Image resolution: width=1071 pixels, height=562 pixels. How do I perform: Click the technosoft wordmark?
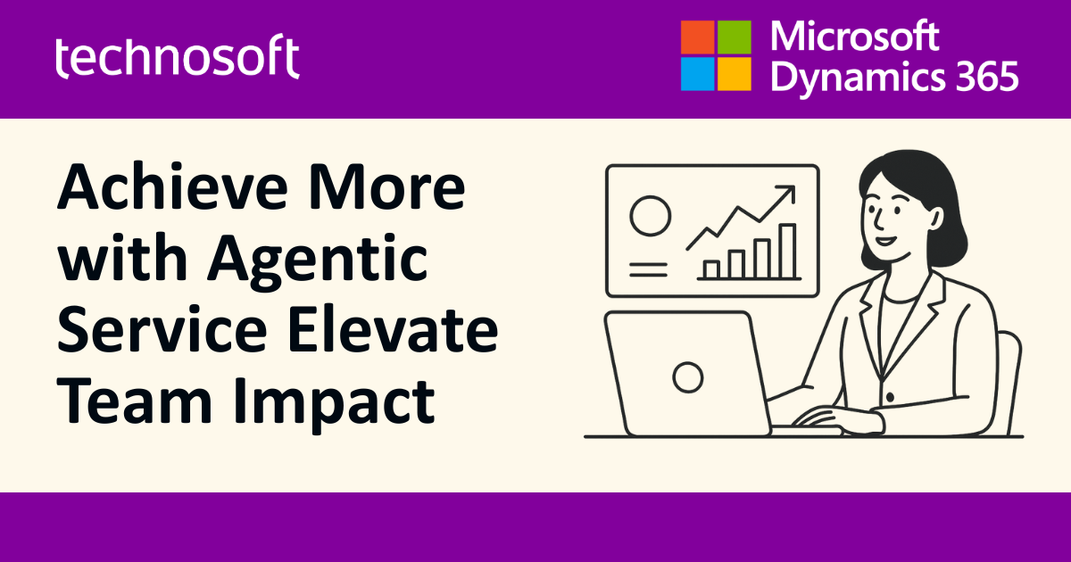click(177, 58)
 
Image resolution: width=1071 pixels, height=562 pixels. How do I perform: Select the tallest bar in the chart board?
click(788, 252)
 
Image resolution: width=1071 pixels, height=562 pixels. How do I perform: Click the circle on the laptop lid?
click(687, 377)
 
